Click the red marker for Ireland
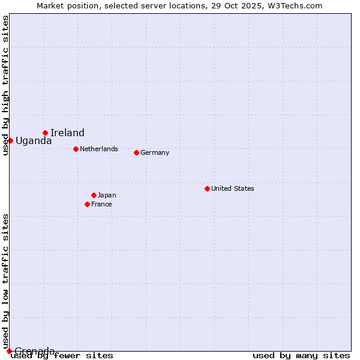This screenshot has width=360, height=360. coord(45,133)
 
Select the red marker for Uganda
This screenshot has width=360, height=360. coord(10,140)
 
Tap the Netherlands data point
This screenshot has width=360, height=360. coord(76,149)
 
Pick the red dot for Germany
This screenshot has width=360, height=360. coord(136,152)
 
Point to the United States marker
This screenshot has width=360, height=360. coord(207,188)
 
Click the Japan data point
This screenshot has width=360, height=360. coord(94,195)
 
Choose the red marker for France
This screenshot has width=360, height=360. coord(87,204)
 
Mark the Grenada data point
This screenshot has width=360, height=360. coord(9,351)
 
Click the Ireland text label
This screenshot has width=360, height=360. coord(67,133)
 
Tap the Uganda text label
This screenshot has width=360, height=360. coord(34,141)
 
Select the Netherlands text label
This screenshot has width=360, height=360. coord(98,149)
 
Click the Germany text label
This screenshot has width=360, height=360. coord(155,152)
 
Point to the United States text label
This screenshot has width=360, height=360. coord(232,188)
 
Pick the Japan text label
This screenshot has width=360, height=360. coord(107,195)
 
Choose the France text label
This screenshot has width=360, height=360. coord(101,204)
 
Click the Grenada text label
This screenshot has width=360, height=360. coord(35,350)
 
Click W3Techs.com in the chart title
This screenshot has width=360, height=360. coord(295,5)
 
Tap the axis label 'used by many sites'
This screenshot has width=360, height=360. coord(301,356)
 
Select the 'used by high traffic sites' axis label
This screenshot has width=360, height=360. coord(5,85)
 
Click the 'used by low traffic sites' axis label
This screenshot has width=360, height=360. coord(5,281)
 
